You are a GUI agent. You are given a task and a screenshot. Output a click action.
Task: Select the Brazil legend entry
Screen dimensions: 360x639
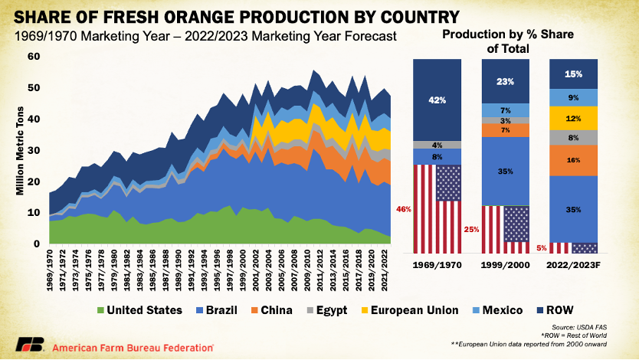[x=223, y=310]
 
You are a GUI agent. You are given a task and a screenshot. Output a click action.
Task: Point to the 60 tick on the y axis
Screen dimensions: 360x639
[x=34, y=57]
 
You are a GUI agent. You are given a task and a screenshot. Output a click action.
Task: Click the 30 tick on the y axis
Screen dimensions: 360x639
[x=34, y=150]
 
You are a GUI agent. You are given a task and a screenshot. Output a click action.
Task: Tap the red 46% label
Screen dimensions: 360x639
[x=405, y=208]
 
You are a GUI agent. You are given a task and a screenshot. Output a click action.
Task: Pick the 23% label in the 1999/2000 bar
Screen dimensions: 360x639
[x=506, y=80]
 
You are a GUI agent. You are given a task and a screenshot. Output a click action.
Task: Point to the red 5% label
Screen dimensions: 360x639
[x=541, y=247]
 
